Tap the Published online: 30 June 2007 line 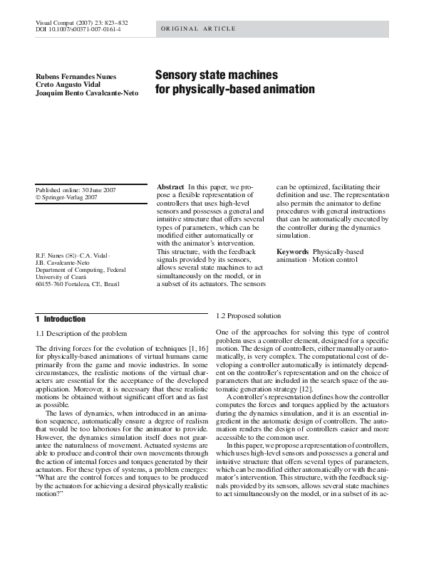(76, 189)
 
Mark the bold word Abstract (170, 186)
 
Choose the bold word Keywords (292, 252)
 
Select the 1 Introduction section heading (61, 319)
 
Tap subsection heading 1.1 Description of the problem (81, 333)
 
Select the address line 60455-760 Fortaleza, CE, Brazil (78, 285)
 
